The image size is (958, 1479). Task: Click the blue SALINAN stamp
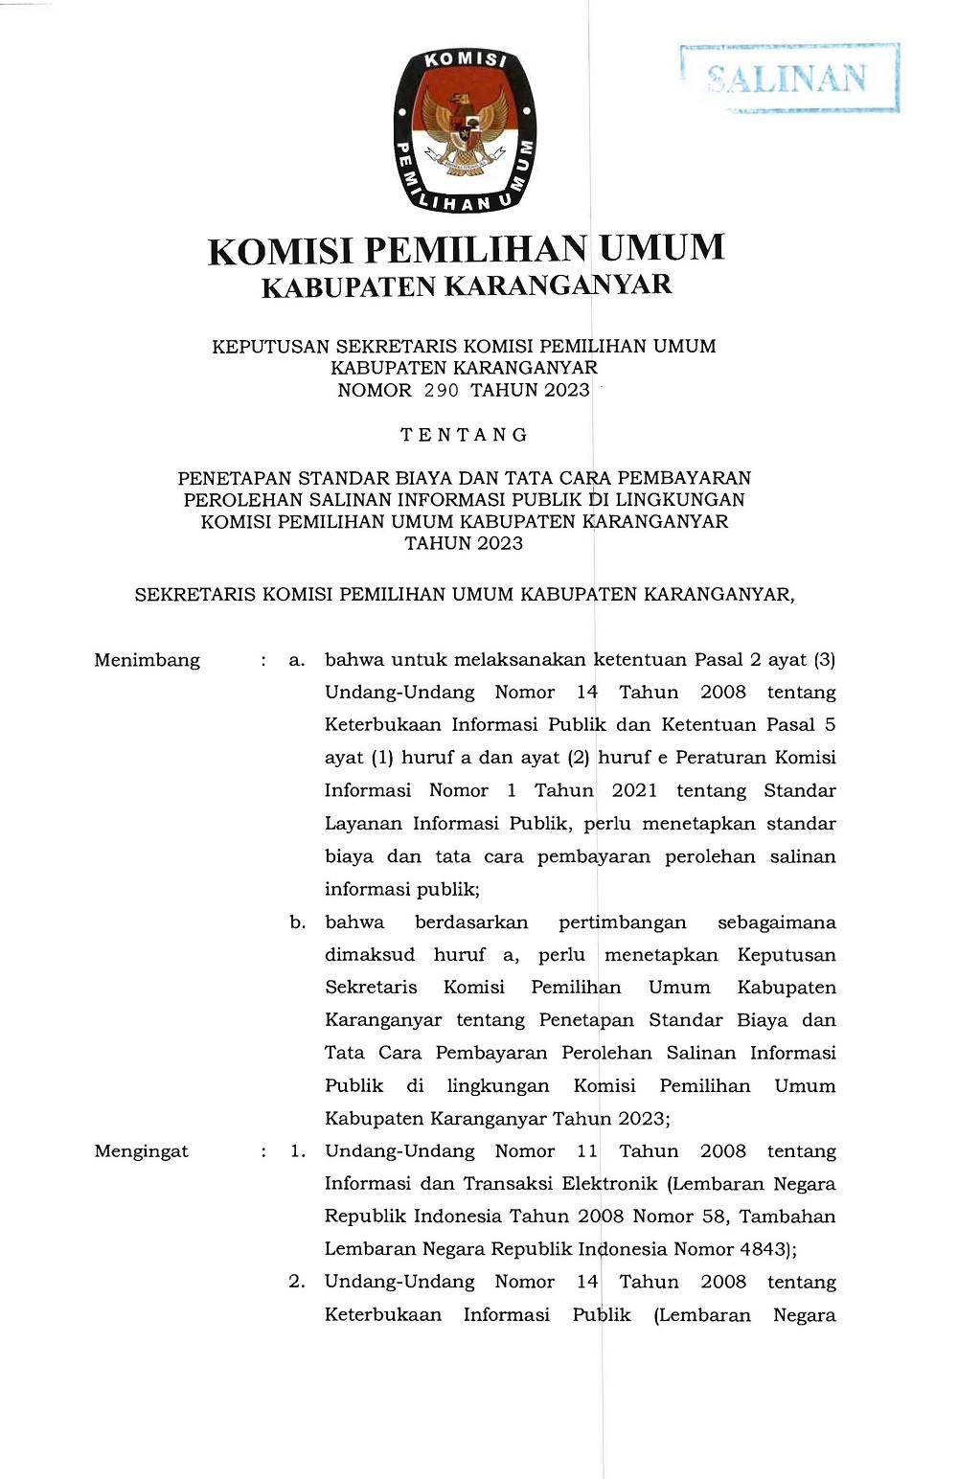coord(788,79)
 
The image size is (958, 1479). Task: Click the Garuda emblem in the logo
coord(465,128)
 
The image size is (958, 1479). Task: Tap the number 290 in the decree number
coord(441,391)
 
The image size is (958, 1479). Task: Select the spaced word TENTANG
coord(465,435)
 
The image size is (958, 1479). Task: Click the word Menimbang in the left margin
coord(147,660)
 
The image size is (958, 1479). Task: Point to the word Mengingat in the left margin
coord(141,1151)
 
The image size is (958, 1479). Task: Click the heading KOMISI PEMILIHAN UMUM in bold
coord(466,249)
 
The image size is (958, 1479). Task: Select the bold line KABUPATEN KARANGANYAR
coord(467,286)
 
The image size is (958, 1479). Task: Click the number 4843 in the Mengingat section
coord(763,1249)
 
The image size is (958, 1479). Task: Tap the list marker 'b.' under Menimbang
coord(298,922)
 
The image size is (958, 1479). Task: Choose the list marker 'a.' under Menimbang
coord(297,660)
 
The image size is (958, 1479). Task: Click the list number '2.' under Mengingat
coord(297,1282)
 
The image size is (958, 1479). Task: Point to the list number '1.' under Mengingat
coord(298,1151)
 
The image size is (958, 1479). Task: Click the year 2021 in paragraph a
coord(634,791)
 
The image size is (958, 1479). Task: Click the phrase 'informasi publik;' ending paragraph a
coord(402,890)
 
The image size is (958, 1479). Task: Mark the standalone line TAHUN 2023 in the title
coord(464,544)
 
